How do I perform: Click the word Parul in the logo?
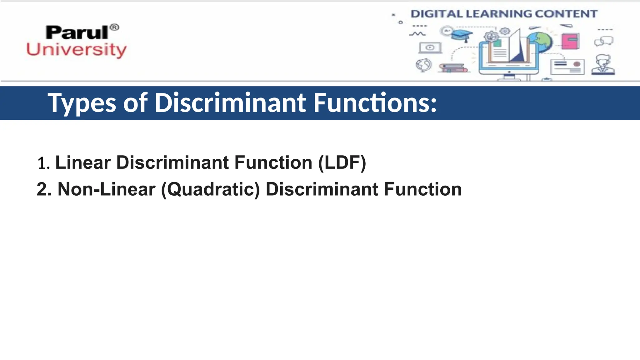tap(77, 32)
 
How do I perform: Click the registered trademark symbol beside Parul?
tap(115, 27)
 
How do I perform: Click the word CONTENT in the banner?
tap(566, 14)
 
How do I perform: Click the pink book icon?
tap(570, 41)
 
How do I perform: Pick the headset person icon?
tap(603, 65)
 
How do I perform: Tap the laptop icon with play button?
tap(430, 48)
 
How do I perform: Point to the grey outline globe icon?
tap(424, 65)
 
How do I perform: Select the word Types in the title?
tap(82, 103)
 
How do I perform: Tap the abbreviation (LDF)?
tap(342, 163)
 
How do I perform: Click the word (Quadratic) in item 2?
tap(210, 190)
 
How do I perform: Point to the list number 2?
tap(44, 190)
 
